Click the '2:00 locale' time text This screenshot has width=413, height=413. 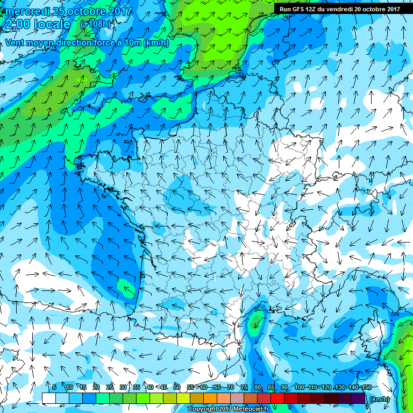[38, 24]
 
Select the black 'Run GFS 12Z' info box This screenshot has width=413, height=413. [339, 9]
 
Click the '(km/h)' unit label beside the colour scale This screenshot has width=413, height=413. [379, 398]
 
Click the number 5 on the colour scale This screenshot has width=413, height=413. [55, 387]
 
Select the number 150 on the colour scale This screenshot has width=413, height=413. [366, 387]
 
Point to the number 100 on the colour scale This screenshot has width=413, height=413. [299, 387]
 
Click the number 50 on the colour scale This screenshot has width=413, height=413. [177, 387]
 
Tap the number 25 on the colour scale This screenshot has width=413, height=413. [109, 387]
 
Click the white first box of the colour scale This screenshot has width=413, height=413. [48, 398]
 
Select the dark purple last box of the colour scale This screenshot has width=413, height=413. [359, 398]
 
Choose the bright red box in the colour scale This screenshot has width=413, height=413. [277, 398]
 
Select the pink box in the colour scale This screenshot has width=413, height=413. [237, 398]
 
